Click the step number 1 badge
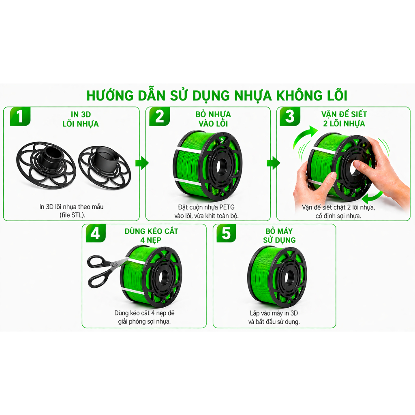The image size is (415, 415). tap(20, 116)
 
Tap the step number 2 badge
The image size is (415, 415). tap(159, 116)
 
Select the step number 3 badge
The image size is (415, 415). tap(290, 116)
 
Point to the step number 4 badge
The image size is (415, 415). tap(96, 233)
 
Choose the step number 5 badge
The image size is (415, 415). tap(226, 233)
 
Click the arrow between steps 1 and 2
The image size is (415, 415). tap(142, 163)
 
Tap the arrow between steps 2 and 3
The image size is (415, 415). tap(273, 163)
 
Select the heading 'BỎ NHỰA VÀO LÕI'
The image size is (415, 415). tap(213, 119)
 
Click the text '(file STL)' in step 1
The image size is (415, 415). tap(72, 215)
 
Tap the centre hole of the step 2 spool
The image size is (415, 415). tap(220, 166)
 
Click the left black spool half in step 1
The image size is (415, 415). tap(46, 165)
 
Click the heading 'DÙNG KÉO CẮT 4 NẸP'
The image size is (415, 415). tap(151, 235)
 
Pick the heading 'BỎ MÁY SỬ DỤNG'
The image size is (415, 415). tap(279, 235)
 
